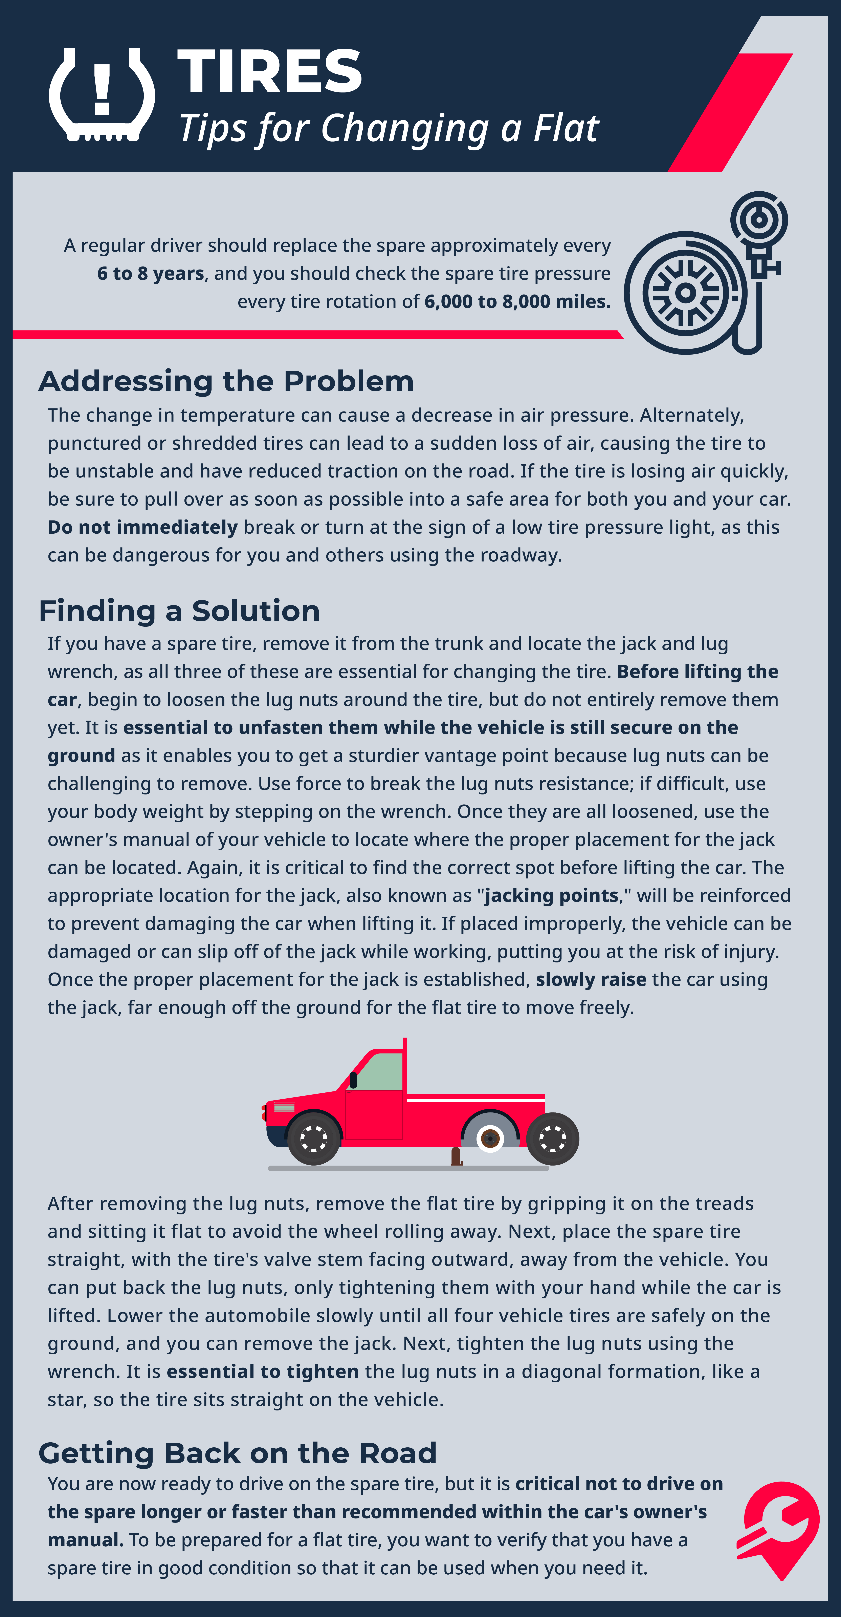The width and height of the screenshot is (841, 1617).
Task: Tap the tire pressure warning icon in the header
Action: pyautogui.click(x=102, y=95)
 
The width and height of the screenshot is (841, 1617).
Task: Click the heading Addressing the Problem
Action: pyautogui.click(x=226, y=381)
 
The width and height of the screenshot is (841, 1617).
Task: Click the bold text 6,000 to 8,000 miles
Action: pyautogui.click(x=517, y=302)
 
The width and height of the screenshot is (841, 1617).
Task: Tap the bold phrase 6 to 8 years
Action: pyautogui.click(x=151, y=274)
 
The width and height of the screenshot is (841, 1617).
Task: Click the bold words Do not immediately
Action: pyautogui.click(x=142, y=527)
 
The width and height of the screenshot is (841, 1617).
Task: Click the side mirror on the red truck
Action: pyautogui.click(x=353, y=1080)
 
